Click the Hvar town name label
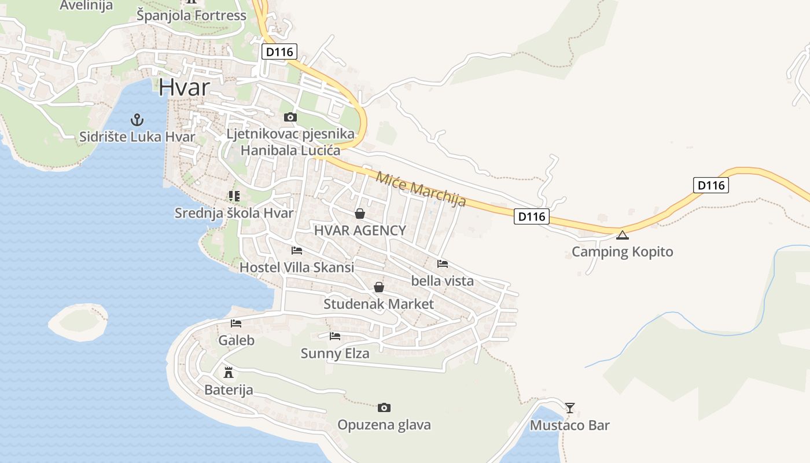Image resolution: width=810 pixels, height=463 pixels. click(x=184, y=87)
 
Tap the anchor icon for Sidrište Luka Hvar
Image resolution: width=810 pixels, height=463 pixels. click(x=137, y=120)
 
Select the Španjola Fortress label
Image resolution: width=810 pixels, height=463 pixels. click(x=192, y=16)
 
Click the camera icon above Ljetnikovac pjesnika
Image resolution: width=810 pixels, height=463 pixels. click(x=290, y=117)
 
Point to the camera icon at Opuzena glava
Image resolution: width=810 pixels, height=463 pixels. click(x=384, y=408)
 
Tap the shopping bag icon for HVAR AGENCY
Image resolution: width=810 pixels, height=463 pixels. click(x=360, y=214)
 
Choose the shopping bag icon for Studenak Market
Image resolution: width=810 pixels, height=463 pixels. click(x=379, y=287)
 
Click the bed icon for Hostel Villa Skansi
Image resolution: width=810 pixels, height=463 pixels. click(x=297, y=251)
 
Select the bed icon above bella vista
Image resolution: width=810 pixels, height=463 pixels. click(x=443, y=264)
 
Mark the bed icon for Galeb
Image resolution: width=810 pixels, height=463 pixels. click(x=236, y=324)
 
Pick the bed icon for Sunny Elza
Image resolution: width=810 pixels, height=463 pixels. click(x=335, y=336)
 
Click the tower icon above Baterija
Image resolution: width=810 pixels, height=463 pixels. click(x=229, y=372)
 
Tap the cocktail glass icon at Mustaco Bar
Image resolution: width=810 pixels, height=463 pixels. click(x=570, y=408)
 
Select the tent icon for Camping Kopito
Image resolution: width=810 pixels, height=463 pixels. click(x=622, y=235)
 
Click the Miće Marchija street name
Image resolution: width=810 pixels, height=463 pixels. click(x=421, y=189)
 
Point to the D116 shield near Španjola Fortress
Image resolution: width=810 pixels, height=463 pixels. click(x=279, y=52)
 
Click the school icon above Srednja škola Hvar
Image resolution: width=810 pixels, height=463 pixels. click(x=234, y=196)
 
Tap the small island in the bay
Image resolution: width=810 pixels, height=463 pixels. click(x=78, y=322)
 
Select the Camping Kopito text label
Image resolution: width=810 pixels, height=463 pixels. click(x=623, y=252)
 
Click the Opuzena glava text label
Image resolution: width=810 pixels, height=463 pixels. click(x=384, y=425)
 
